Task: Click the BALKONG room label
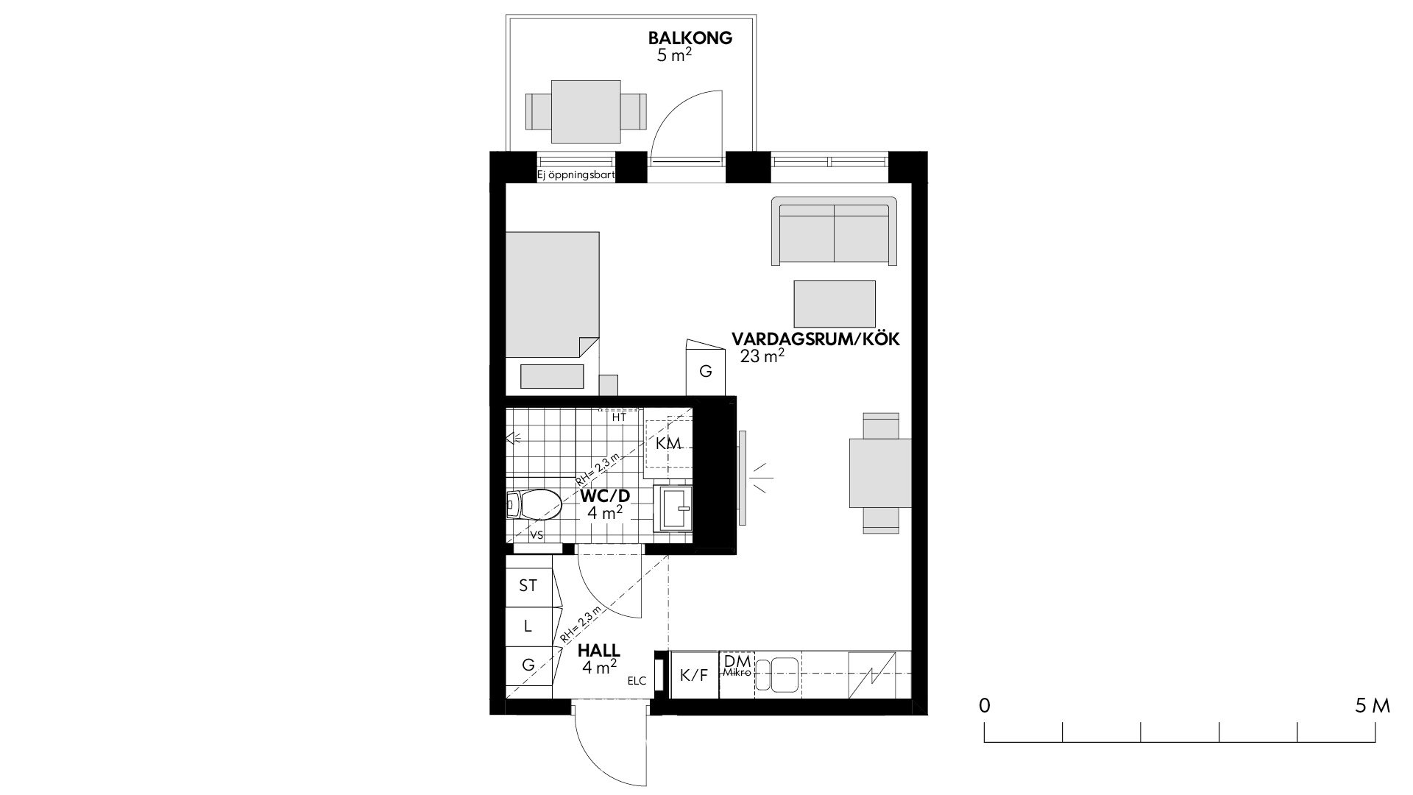(x=690, y=38)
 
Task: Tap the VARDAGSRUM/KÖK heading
(x=816, y=339)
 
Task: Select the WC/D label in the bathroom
(x=605, y=495)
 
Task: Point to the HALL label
(x=599, y=651)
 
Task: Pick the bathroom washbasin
(x=673, y=507)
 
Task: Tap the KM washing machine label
(x=668, y=443)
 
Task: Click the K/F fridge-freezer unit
(x=694, y=675)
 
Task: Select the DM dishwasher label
(x=737, y=660)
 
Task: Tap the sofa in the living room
(x=835, y=230)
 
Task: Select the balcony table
(x=585, y=112)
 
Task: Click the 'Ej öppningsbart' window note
(x=576, y=175)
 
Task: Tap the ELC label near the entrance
(x=637, y=681)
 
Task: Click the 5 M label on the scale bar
(x=1372, y=706)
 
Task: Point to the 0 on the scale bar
(x=984, y=706)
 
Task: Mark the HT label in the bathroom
(x=619, y=417)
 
